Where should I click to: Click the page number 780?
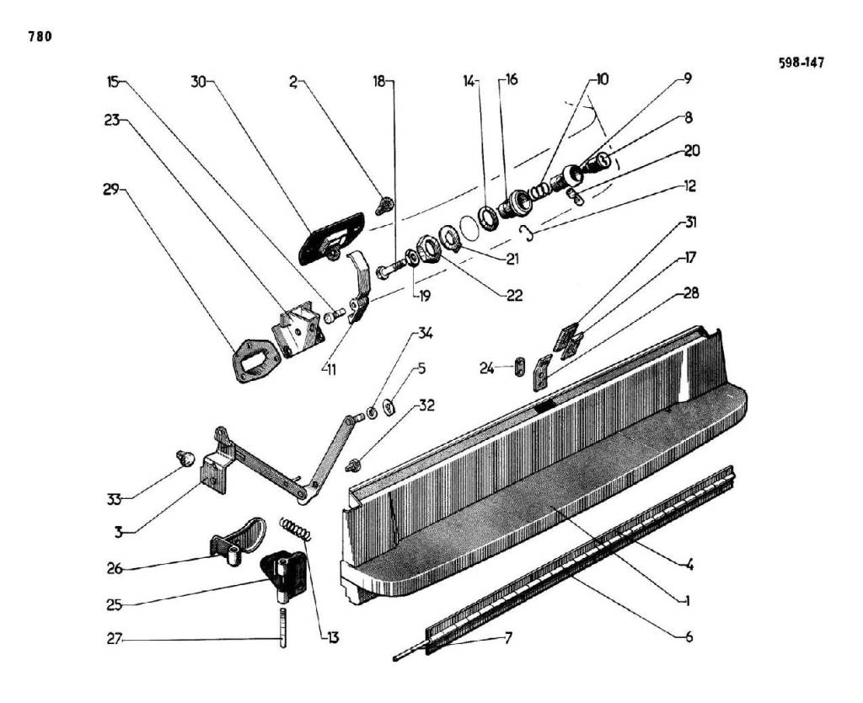[x=40, y=36]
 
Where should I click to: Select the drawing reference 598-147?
[x=801, y=62]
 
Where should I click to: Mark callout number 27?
[x=114, y=641]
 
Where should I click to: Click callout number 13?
[x=333, y=638]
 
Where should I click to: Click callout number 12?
[x=690, y=185]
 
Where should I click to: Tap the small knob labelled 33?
[x=186, y=458]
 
